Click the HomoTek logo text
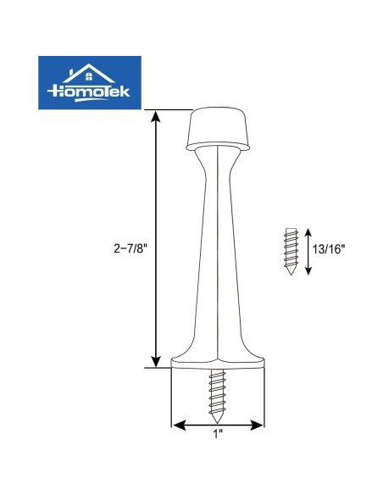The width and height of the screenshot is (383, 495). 89,92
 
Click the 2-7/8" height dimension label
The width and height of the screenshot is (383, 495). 130,248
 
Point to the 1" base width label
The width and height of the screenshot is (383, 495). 218,435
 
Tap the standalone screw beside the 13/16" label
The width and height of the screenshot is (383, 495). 291,251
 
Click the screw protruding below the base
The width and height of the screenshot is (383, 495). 217,396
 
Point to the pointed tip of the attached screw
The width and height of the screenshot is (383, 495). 217,423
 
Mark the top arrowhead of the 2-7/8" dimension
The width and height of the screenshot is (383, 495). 156,115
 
